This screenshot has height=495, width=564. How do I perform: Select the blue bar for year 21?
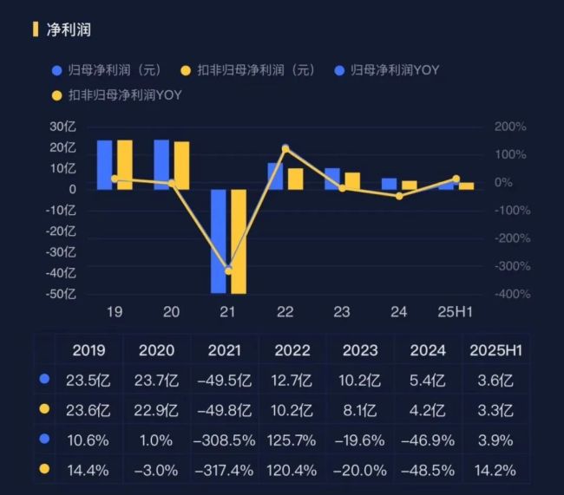tap(219, 240)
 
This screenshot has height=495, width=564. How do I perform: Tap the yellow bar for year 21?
tap(239, 241)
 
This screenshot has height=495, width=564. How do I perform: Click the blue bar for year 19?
tap(104, 165)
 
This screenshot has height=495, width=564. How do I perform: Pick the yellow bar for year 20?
tap(181, 166)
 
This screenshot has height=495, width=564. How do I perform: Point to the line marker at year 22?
tap(285, 149)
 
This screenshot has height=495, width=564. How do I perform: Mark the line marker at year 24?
tap(399, 196)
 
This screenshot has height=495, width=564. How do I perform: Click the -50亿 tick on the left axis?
tap(62, 294)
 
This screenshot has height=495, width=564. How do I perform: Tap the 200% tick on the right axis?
tap(510, 127)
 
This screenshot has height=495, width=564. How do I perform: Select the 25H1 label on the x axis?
tap(456, 312)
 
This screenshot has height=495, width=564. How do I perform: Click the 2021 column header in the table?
tap(224, 350)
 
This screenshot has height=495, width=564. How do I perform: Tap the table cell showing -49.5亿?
tap(224, 380)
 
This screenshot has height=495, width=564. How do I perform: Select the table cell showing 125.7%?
tap(292, 440)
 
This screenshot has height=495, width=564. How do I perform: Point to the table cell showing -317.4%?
tap(224, 470)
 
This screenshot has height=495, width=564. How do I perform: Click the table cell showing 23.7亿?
tap(157, 380)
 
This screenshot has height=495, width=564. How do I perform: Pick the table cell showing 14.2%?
tap(495, 470)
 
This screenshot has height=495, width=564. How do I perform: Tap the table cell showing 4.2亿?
tap(428, 410)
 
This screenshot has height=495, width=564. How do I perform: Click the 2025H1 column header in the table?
tap(495, 350)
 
